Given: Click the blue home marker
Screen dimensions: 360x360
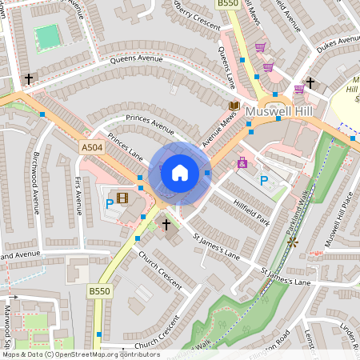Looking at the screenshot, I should tap(180, 172).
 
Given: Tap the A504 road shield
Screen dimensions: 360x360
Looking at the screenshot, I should tap(91, 147).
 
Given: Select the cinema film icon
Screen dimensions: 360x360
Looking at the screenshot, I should tap(122, 198).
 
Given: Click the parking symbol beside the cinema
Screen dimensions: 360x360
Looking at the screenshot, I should tap(110, 204).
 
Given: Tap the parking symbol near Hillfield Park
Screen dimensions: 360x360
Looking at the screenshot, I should tap(264, 181).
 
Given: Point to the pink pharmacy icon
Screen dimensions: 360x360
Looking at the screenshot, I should tap(242, 162).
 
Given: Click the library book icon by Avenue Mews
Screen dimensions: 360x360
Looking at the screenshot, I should tap(234, 105).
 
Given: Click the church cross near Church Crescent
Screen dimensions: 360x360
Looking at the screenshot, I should tap(167, 225).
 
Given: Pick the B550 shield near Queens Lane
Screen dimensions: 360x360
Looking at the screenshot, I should tap(229, 5).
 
